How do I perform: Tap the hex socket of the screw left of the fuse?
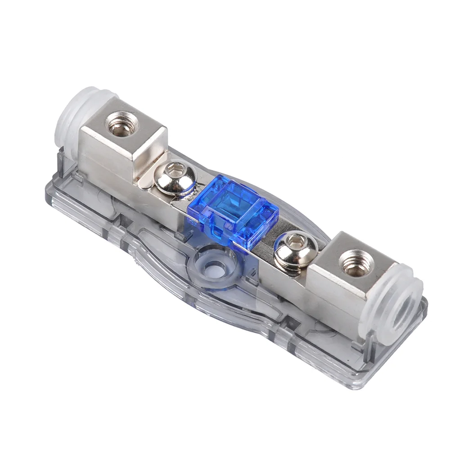pyautogui.click(x=176, y=171)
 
